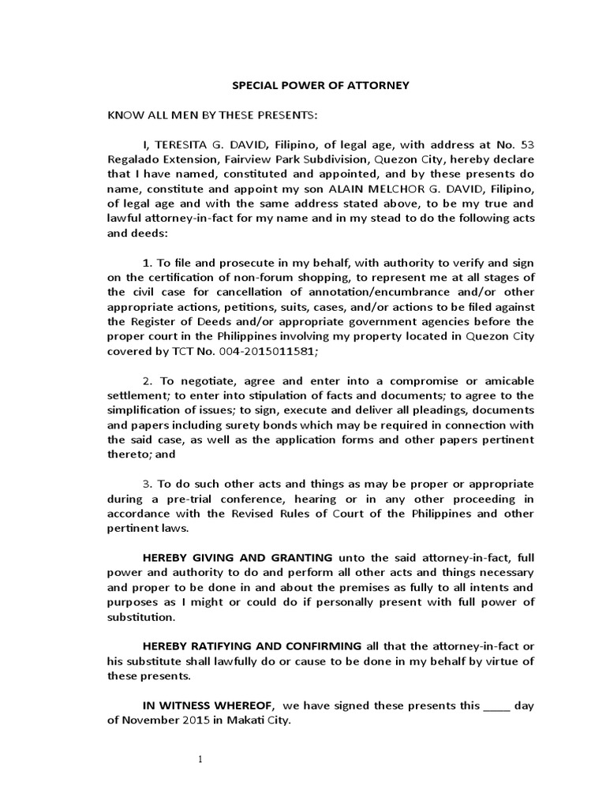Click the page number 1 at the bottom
point(200,760)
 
